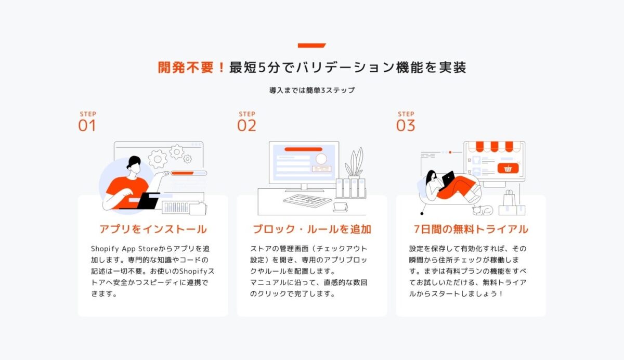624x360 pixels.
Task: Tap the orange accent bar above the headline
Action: pyautogui.click(x=311, y=46)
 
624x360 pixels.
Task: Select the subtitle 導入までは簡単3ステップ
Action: pyautogui.click(x=312, y=90)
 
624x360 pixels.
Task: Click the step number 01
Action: pyautogui.click(x=87, y=126)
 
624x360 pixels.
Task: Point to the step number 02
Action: pyautogui.click(x=246, y=126)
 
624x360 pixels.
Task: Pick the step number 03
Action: pyautogui.click(x=406, y=126)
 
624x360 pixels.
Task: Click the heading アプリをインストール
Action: pyautogui.click(x=153, y=229)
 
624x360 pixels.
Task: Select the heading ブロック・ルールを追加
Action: pyautogui.click(x=312, y=229)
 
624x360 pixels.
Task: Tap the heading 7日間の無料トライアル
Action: pyautogui.click(x=471, y=229)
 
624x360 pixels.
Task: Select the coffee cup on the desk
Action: pyautogui.click(x=341, y=207)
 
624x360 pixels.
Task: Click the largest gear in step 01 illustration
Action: pyautogui.click(x=158, y=159)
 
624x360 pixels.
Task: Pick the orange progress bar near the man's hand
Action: pyautogui.click(x=183, y=173)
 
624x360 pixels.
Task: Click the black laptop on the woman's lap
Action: pyautogui.click(x=448, y=178)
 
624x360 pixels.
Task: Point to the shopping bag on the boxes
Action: pyautogui.click(x=509, y=199)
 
